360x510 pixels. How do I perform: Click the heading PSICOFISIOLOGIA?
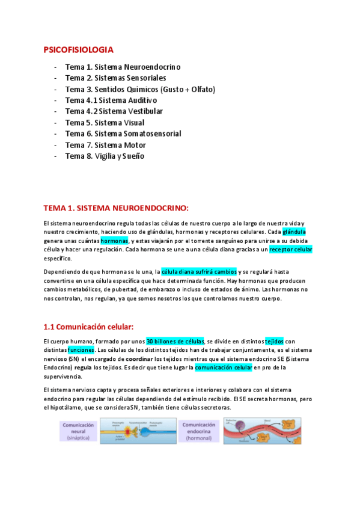tap(79, 49)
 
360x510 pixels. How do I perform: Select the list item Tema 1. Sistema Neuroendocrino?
tap(123, 67)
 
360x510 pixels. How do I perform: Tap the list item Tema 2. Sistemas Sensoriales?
tap(115, 78)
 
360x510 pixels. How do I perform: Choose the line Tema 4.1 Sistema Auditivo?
tap(111, 100)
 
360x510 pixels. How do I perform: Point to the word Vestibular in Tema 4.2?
tap(144, 111)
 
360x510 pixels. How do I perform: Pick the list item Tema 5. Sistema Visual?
tap(105, 123)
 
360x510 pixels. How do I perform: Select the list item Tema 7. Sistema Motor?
tap(107, 145)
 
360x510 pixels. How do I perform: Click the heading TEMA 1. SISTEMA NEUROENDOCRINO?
tap(116, 208)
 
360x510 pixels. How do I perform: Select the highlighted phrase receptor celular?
tap(290, 249)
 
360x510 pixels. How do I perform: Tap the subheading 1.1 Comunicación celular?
tap(88, 327)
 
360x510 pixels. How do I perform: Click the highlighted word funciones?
tap(81, 349)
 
